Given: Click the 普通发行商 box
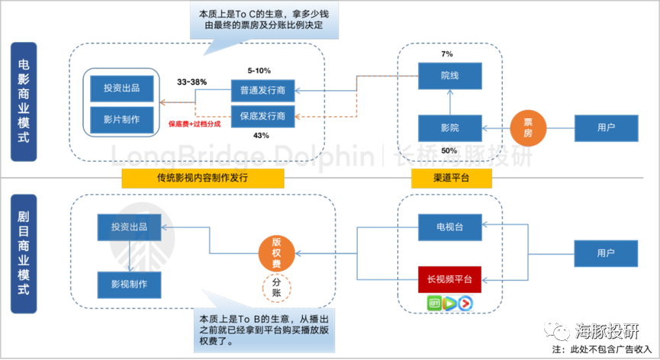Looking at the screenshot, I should point(262,90).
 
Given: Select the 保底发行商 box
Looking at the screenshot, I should point(262,115).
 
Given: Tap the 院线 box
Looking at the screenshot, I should point(450,75).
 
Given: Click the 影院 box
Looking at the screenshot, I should point(450,127).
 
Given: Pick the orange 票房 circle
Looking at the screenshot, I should point(527,127).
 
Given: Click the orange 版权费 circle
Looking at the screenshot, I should point(276,252).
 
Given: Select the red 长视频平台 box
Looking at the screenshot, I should point(450,279).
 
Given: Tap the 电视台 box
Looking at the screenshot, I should point(450,226).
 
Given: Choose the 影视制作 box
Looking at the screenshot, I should point(129,284).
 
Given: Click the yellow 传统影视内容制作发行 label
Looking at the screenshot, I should point(202,178).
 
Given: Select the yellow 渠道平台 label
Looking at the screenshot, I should point(451,178).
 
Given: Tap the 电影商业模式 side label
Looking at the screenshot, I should point(24,101).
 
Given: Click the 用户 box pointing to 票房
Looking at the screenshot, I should point(606,127).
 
